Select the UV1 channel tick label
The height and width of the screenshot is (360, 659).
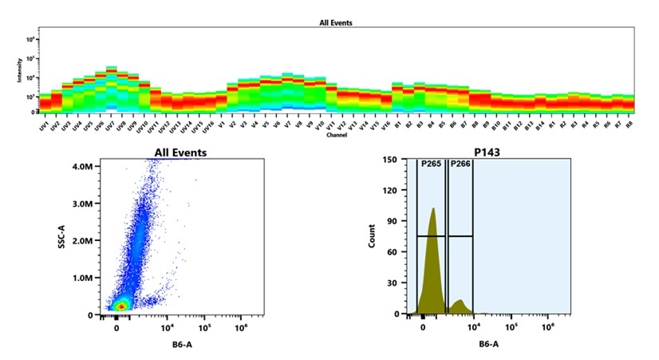point(43,126)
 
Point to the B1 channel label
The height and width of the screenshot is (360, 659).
point(396,125)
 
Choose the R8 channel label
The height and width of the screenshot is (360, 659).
point(628,125)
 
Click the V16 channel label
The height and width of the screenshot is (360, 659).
point(385,126)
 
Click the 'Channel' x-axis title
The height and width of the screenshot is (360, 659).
point(336,136)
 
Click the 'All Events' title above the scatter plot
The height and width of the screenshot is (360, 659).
point(180,152)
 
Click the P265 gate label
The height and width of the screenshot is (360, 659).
point(430,164)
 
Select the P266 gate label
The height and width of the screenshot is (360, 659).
point(460,164)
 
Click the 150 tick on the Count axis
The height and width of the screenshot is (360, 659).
point(389,160)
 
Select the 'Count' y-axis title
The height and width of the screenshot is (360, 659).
point(372,238)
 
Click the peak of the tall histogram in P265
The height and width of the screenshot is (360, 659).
point(432,209)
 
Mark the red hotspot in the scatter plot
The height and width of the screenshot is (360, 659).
point(120,306)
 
